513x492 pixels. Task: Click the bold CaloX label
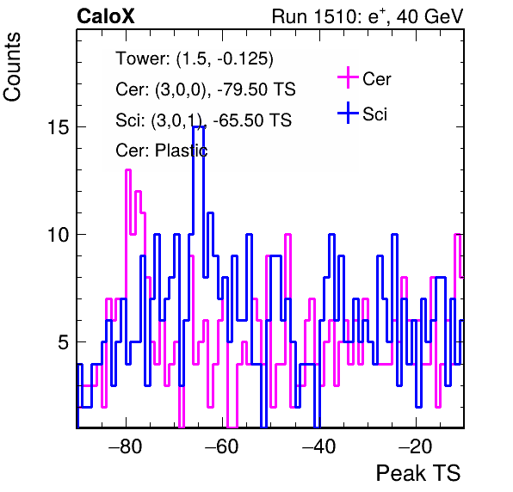pos(106,16)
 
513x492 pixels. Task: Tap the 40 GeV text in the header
pos(430,16)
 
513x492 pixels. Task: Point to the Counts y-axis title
pos(12,67)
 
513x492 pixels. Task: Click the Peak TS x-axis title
pos(418,473)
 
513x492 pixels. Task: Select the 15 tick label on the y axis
pos(59,126)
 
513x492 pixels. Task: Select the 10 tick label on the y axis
pos(59,235)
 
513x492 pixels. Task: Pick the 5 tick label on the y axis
pos(64,342)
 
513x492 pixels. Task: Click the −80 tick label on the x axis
pos(126,446)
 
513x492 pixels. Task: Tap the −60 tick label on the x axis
pos(222,446)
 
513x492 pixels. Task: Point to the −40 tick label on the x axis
pos(319,446)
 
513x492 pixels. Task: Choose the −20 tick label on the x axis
pos(416,446)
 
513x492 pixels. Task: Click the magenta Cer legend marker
pos(348,77)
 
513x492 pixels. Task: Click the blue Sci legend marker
pos(348,114)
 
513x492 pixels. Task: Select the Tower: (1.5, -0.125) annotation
pos(195,58)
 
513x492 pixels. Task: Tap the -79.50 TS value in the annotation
pos(256,89)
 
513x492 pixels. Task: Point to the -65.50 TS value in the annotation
pos(252,120)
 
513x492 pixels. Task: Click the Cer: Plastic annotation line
pos(162,151)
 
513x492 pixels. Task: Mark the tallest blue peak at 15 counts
pos(199,126)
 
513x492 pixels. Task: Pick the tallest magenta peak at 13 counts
pos(128,170)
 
